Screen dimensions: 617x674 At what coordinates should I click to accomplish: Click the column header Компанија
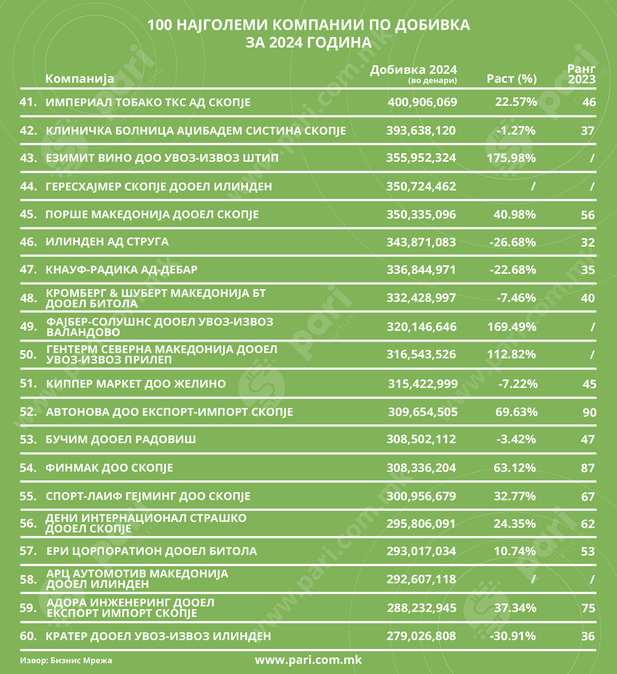click(80, 79)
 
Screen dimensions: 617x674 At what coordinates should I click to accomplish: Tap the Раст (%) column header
click(512, 79)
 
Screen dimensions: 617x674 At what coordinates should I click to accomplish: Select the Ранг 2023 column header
click(582, 74)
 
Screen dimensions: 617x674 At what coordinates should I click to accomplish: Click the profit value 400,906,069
click(422, 102)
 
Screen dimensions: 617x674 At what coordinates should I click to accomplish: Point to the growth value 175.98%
click(511, 158)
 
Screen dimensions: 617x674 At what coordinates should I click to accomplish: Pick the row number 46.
click(28, 242)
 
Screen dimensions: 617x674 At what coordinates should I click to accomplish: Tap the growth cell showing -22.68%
click(513, 269)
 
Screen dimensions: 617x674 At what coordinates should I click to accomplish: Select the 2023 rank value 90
click(590, 412)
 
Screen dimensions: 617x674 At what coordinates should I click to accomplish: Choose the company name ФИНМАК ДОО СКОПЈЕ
click(109, 468)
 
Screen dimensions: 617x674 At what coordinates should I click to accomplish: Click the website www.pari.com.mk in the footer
click(308, 659)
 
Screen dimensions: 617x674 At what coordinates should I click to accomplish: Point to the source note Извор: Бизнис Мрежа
click(66, 660)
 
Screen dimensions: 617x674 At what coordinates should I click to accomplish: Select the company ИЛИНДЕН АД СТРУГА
click(107, 242)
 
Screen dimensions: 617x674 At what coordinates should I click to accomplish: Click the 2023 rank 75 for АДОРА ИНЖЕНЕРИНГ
click(589, 608)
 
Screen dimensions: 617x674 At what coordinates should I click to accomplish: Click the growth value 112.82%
click(511, 354)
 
